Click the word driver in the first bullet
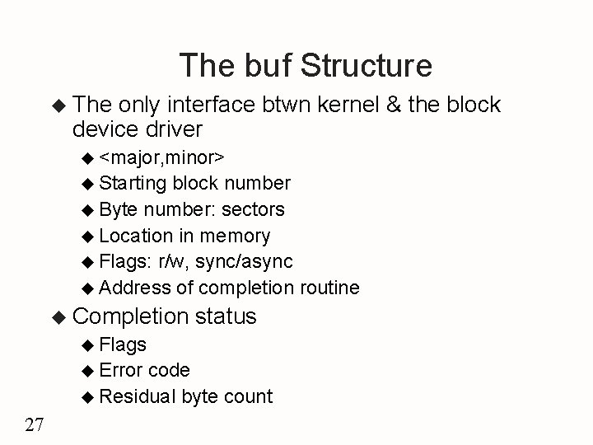coord(170,129)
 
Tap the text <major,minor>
coord(165,157)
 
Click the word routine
coord(329,288)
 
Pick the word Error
coord(121,370)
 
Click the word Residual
coord(138,396)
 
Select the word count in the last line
coord(247,396)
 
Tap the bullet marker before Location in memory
coord(89,237)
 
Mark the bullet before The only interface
coord(58,105)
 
